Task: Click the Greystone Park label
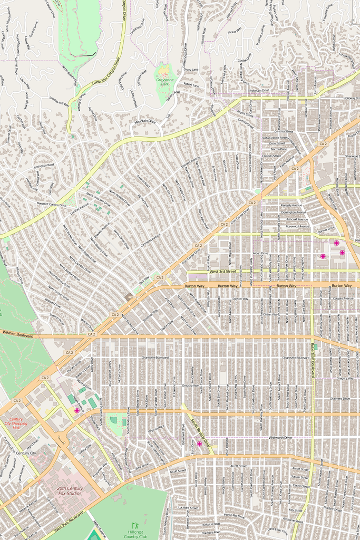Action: coord(165,81)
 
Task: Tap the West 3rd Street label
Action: coord(223,271)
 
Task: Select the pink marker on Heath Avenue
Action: coord(77,410)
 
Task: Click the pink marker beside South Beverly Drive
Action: coord(199,444)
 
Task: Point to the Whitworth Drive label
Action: coord(280,438)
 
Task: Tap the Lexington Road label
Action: coord(44,166)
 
